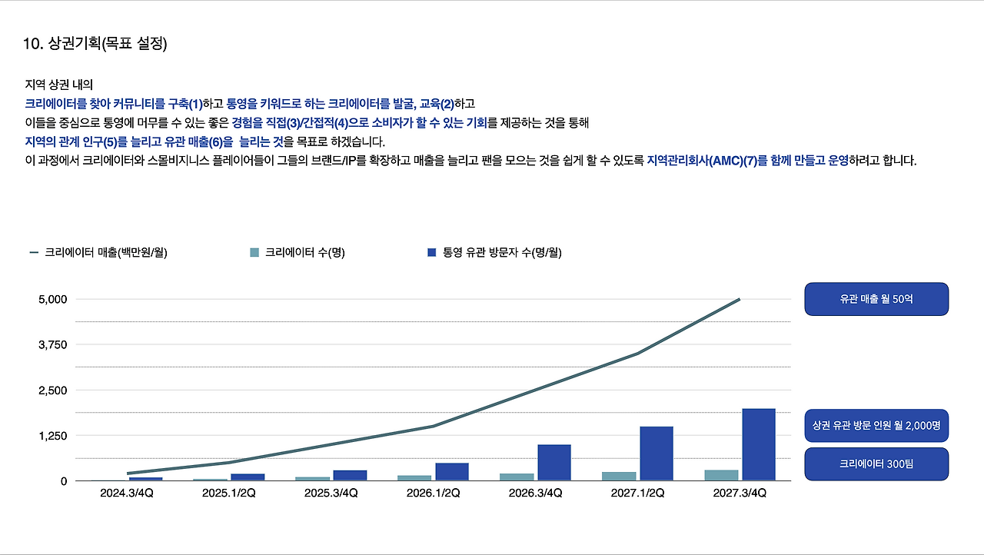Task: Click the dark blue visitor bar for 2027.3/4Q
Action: (x=758, y=444)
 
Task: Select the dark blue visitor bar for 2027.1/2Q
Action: (x=656, y=454)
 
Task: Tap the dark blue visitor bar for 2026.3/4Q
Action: (x=553, y=462)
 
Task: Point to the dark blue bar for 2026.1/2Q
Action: (x=451, y=471)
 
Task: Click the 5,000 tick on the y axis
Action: (x=53, y=299)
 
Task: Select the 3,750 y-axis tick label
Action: (x=53, y=344)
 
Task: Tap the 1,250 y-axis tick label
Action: (x=53, y=436)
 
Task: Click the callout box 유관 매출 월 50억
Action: (x=876, y=299)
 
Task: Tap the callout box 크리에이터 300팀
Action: (x=876, y=464)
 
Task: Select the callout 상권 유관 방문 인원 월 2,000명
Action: (x=876, y=424)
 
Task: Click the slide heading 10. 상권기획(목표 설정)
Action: (x=95, y=44)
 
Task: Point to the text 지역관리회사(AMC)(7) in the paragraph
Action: (x=699, y=161)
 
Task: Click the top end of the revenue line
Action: (x=740, y=299)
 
